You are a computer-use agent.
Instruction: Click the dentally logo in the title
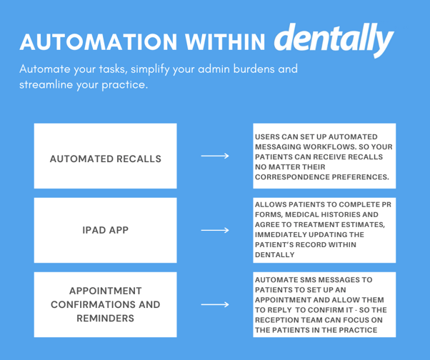[x=333, y=40]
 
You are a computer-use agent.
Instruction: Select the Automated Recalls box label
[x=105, y=158]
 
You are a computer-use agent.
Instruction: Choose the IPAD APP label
[x=105, y=231]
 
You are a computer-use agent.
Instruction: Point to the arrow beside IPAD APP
[x=214, y=231]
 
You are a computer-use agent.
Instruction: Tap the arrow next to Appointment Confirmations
[x=214, y=305]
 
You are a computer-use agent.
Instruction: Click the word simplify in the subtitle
[x=151, y=70]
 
